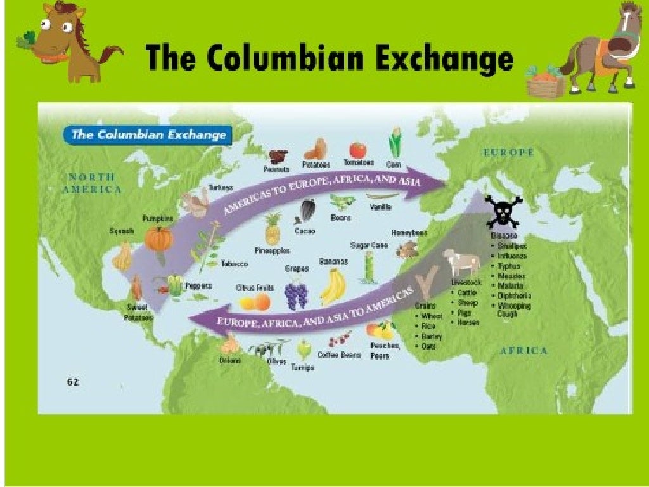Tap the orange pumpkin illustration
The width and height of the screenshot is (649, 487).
coord(158,238)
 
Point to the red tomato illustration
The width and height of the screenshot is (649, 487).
coord(358,150)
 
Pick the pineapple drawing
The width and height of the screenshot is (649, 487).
coord(273,230)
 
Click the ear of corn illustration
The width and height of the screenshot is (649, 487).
coord(395,144)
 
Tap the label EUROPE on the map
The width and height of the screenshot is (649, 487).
coord(508,153)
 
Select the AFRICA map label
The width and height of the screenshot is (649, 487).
coord(524,350)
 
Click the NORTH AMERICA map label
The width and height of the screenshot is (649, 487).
coord(92,183)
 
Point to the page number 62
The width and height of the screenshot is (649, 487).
coord(73,382)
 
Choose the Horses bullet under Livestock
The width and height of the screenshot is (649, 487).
coord(469,322)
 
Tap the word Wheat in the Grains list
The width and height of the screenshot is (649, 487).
coord(432,316)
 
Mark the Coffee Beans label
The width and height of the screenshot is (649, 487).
coord(339,355)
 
